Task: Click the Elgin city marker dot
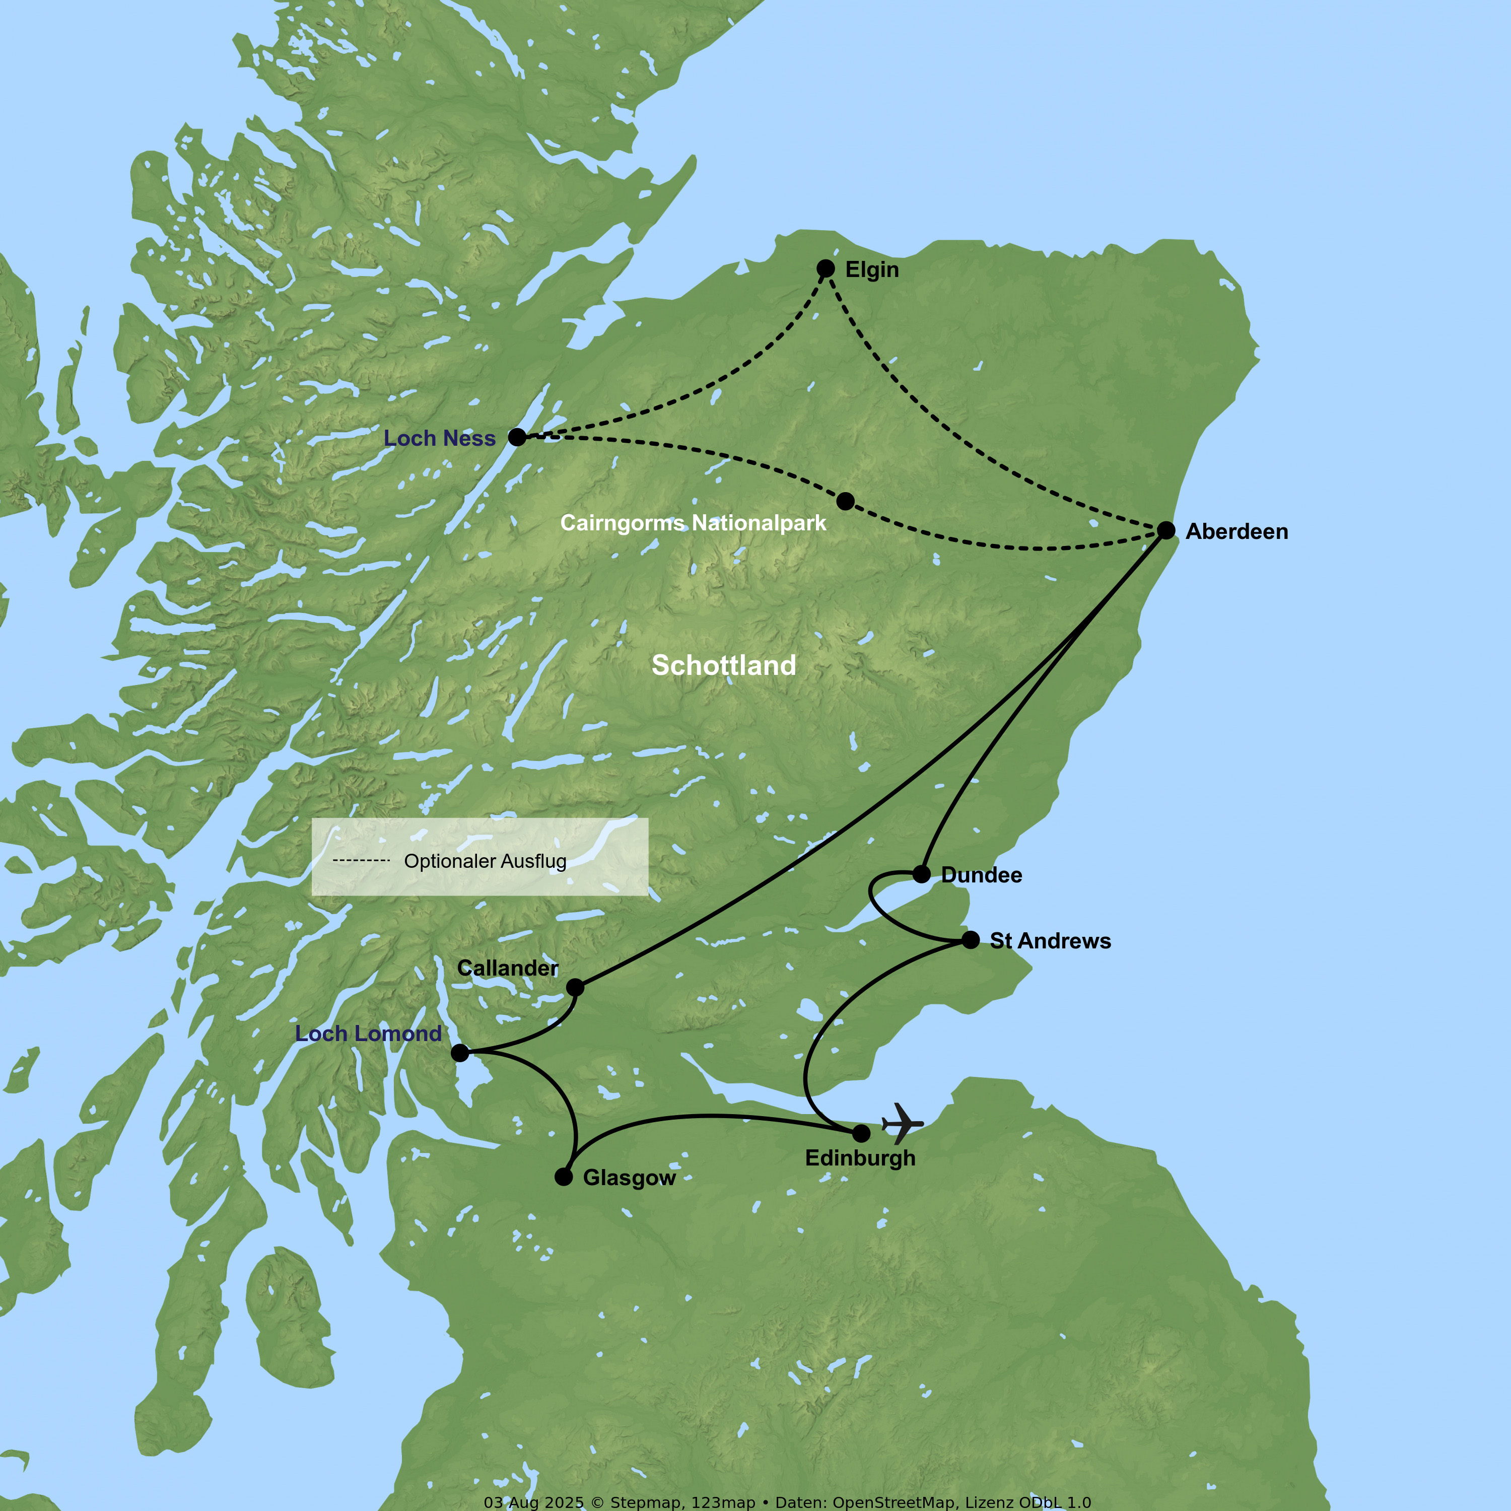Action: pos(825,269)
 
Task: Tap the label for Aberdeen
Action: pos(1237,532)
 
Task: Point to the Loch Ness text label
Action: pos(440,439)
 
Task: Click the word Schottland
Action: pos(723,665)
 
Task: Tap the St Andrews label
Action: pos(1050,941)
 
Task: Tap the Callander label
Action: pos(508,968)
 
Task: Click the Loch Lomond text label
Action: pos(368,1034)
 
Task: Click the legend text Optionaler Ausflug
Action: pos(485,861)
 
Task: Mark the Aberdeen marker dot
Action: pos(1166,530)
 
